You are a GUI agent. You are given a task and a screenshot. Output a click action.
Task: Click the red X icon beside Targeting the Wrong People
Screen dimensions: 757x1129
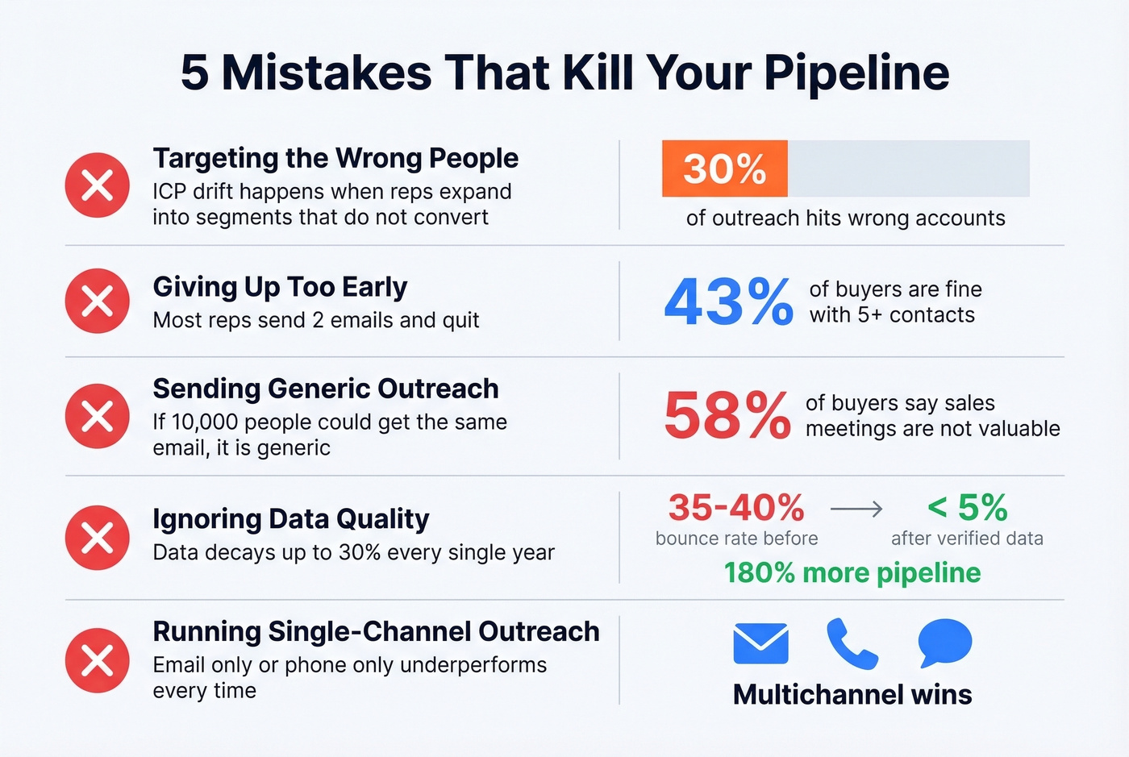(98, 185)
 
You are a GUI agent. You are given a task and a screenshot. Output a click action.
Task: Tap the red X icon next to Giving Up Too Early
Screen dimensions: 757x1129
(98, 302)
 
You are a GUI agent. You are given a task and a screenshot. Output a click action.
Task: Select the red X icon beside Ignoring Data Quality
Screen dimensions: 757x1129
(98, 538)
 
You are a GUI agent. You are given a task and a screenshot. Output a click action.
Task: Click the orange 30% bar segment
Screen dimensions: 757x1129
(724, 168)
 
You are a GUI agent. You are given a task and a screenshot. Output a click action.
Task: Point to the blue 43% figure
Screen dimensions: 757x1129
(729, 302)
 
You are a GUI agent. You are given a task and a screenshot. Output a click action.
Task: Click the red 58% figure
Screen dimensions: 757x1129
(727, 415)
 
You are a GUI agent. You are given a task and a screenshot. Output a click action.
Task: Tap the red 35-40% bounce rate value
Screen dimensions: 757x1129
(736, 508)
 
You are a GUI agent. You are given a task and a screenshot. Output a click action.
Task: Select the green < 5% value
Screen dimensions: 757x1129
(968, 508)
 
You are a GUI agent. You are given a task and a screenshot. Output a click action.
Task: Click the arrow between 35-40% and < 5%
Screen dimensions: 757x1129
(856, 509)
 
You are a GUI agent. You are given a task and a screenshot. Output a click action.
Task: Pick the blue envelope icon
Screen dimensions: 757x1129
(761, 643)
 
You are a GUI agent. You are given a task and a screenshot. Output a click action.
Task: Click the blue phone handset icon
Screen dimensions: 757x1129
(852, 643)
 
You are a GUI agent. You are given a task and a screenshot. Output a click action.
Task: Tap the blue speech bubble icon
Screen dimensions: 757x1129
(944, 643)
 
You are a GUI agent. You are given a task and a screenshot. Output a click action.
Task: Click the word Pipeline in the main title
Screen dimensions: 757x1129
(856, 73)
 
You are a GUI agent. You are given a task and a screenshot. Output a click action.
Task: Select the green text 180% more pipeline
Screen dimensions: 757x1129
(852, 572)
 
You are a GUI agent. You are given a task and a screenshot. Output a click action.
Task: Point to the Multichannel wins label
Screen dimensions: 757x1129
(852, 694)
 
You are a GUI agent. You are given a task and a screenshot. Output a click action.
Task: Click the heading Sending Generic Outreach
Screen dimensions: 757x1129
(326, 389)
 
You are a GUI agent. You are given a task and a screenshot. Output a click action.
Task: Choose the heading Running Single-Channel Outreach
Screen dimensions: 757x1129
(376, 631)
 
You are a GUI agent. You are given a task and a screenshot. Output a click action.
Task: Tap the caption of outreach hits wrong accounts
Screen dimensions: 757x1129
(845, 218)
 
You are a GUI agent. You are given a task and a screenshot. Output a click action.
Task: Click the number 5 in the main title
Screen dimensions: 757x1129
(195, 73)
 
